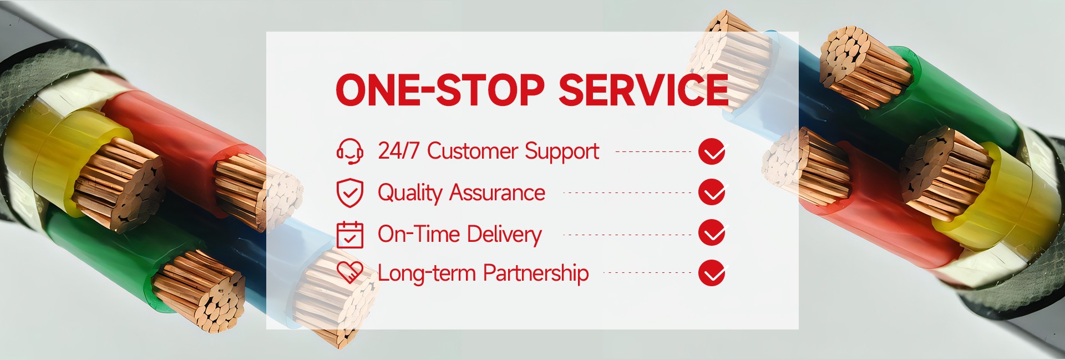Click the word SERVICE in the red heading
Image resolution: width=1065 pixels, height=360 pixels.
[x=643, y=89]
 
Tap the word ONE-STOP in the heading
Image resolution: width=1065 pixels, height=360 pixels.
[x=440, y=89]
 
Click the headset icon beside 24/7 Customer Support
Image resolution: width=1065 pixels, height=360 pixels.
[x=350, y=151]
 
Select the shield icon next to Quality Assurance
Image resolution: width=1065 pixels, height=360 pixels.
[x=350, y=193]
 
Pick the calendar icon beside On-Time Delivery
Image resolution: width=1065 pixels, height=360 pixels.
[x=350, y=234]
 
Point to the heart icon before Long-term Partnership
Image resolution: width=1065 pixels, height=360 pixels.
[x=350, y=272]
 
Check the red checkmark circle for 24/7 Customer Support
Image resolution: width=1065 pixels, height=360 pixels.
[x=712, y=151]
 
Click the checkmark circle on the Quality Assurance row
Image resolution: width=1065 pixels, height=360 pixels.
[x=712, y=192]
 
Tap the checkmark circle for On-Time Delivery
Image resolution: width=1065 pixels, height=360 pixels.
[x=712, y=233]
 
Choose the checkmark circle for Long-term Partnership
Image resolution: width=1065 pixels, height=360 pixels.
[x=712, y=273]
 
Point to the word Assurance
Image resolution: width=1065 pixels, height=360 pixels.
[x=497, y=192]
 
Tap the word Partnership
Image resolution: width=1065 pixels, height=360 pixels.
[x=536, y=273]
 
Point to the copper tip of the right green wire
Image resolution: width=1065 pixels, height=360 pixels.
[x=865, y=67]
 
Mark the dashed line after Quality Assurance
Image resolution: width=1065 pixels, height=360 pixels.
[x=627, y=193]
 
